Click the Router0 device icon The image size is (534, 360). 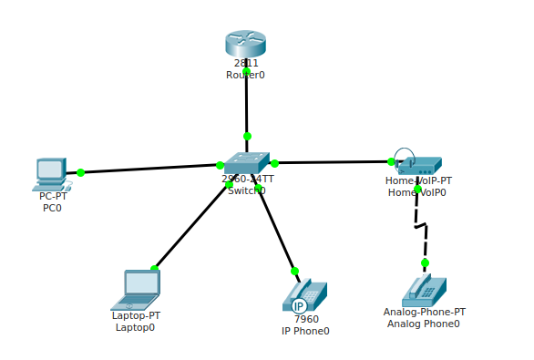(245, 43)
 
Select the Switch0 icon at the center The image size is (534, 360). (246, 163)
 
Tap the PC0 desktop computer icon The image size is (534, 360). (51, 173)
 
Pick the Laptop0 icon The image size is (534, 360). (138, 289)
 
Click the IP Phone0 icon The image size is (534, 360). (304, 295)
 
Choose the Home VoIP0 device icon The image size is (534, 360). (418, 164)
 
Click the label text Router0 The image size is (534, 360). (245, 76)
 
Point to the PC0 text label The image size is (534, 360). (52, 208)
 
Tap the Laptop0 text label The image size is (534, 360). (135, 327)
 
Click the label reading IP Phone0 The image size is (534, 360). (305, 331)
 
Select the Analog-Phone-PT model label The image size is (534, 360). (424, 312)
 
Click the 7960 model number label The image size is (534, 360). (306, 319)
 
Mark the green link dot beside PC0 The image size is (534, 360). (80, 172)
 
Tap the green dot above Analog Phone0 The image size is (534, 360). (425, 262)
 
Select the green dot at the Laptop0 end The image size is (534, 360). (154, 269)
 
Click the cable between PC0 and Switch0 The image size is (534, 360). (150, 169)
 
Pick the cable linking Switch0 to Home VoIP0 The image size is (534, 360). (333, 162)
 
